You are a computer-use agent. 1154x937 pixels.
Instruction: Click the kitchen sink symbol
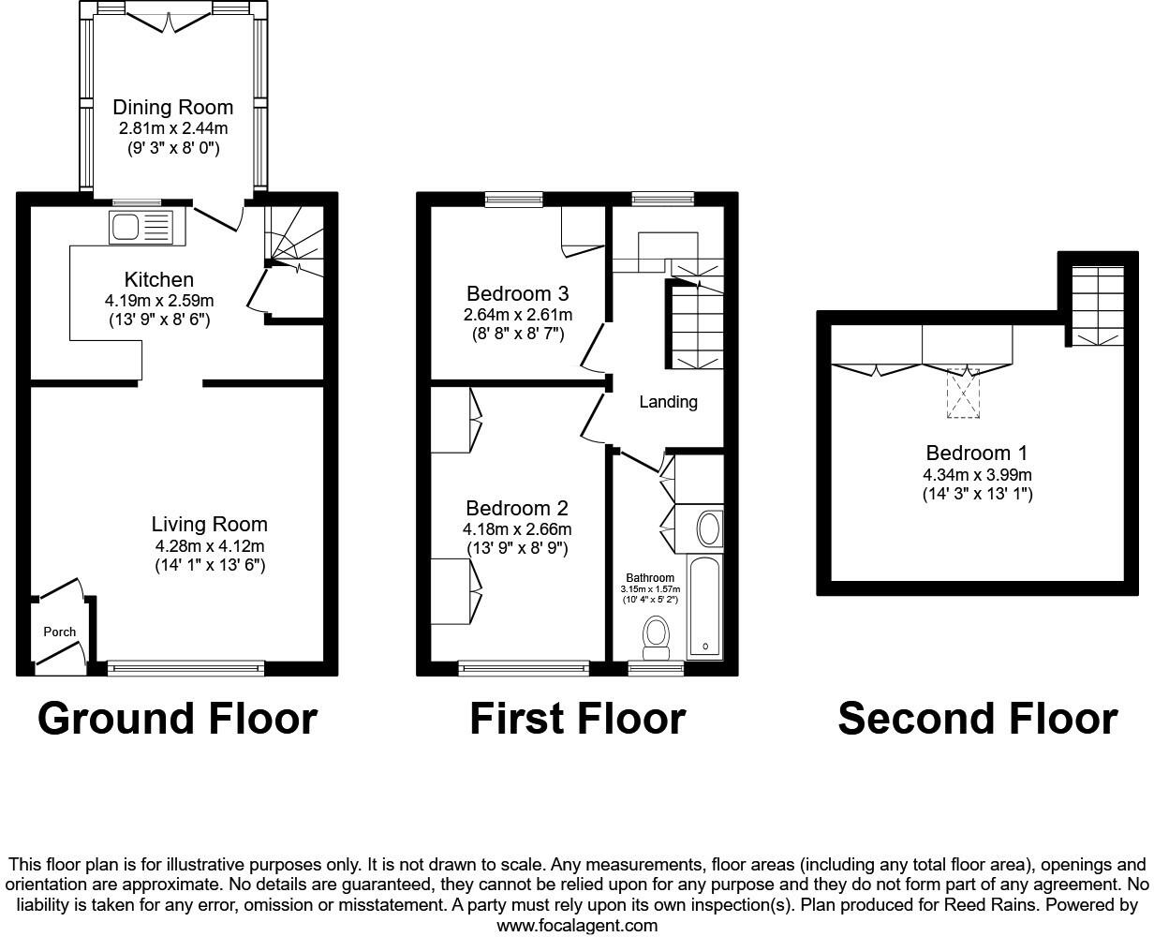tap(141, 228)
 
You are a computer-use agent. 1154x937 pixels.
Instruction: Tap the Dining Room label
tap(173, 107)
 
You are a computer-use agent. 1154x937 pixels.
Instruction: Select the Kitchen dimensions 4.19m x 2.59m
tap(159, 301)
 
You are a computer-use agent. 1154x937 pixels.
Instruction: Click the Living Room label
tap(210, 525)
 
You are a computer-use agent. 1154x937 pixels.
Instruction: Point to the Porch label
tap(60, 632)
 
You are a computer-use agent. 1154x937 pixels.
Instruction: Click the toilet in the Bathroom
tap(657, 634)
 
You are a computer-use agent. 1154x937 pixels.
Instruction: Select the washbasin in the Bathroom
tap(710, 528)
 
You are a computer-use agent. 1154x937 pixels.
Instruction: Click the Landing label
tap(668, 402)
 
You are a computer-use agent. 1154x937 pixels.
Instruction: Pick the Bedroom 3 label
tap(518, 292)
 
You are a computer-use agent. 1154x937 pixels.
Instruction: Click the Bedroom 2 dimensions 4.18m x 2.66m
tap(518, 529)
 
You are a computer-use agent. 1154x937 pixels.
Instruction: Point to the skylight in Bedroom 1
tap(962, 393)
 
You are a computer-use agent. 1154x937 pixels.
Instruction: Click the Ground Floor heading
tap(177, 719)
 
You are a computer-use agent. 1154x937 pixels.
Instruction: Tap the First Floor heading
tap(577, 719)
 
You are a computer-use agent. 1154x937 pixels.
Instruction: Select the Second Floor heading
tap(977, 719)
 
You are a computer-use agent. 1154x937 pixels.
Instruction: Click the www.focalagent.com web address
tap(577, 926)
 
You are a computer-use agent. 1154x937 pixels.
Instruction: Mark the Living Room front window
tap(185, 668)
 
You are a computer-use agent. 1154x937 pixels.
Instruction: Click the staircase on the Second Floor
tap(1097, 305)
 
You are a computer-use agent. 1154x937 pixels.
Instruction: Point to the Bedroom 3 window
tap(514, 198)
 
